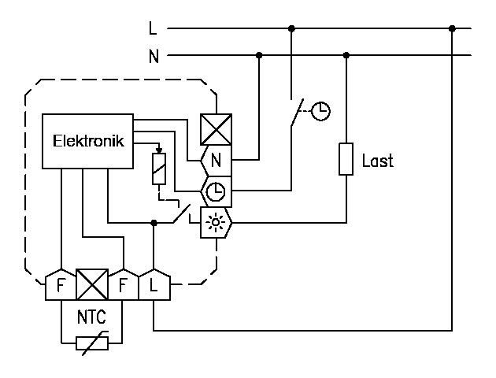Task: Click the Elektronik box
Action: click(87, 142)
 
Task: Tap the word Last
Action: click(377, 161)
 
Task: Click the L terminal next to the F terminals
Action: click(153, 286)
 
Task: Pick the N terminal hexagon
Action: click(216, 159)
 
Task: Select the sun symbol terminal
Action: click(215, 223)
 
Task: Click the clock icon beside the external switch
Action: click(320, 111)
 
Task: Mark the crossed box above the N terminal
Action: click(215, 128)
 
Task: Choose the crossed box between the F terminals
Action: click(93, 284)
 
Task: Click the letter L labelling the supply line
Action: click(153, 28)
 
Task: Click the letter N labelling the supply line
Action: click(153, 56)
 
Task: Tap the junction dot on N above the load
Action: click(346, 55)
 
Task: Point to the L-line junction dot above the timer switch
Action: click(292, 28)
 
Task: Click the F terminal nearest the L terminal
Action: click(124, 285)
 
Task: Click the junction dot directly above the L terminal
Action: click(154, 223)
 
